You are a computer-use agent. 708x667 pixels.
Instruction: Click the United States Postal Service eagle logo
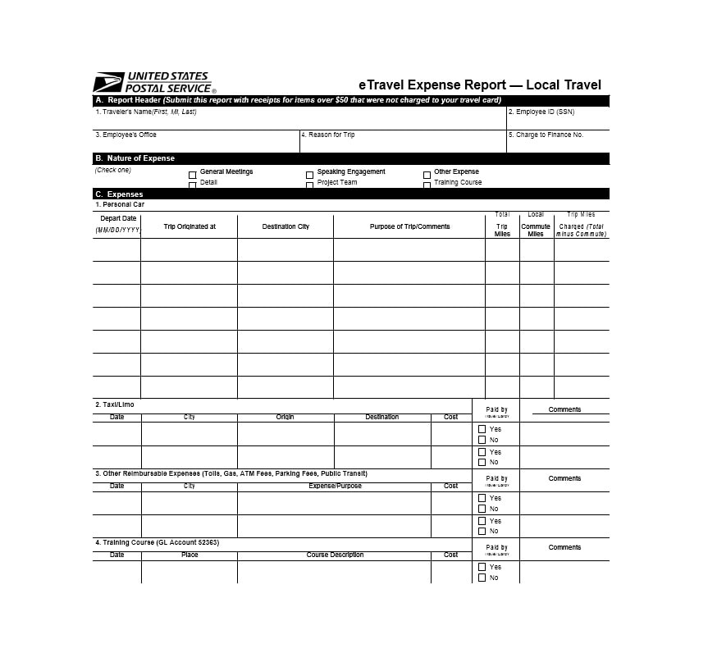pos(108,83)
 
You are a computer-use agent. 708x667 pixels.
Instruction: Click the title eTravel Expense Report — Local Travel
pos(480,85)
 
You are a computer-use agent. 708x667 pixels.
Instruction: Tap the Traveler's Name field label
pos(146,112)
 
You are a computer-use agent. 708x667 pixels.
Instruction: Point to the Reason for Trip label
pos(328,135)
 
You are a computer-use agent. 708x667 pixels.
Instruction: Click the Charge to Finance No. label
pos(546,135)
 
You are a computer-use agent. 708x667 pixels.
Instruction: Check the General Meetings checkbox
pos(193,174)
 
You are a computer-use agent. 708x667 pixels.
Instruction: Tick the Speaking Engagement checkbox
pos(310,175)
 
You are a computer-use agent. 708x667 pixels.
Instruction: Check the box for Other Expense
pos(427,175)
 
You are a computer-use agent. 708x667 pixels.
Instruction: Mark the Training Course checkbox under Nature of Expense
pos(427,185)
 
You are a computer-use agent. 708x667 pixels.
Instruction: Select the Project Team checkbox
pos(310,185)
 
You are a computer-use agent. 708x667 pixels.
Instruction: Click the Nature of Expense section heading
pos(135,158)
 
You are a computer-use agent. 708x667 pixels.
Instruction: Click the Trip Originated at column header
pos(190,226)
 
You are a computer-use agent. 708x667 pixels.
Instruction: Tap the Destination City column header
pos(285,226)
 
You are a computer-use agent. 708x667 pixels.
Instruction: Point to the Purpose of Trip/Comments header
pos(409,226)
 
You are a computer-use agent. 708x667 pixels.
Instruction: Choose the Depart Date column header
pos(118,219)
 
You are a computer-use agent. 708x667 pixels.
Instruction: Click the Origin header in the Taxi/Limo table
pos(285,417)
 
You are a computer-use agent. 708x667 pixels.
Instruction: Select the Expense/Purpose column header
pos(335,486)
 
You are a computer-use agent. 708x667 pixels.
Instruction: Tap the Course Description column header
pos(335,555)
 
